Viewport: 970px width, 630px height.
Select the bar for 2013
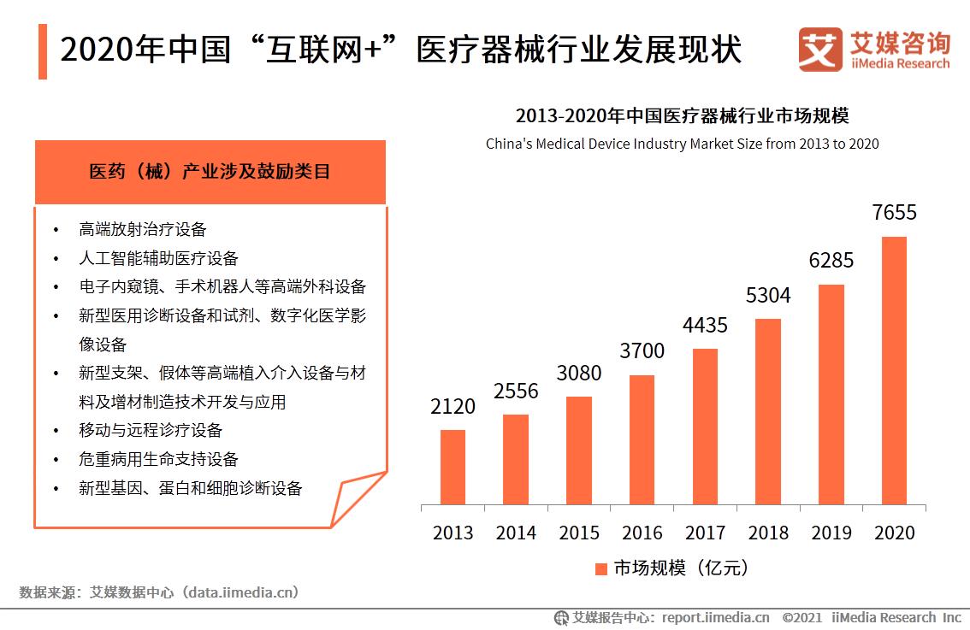coord(452,467)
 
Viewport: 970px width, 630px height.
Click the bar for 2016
coord(642,439)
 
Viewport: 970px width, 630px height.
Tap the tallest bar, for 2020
coord(894,370)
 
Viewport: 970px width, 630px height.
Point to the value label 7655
coord(894,213)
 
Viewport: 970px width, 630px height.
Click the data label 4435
coord(705,326)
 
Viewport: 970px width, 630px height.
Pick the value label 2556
coord(516,392)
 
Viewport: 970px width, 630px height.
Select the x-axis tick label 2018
coord(768,533)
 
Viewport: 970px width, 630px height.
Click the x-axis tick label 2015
coord(579,533)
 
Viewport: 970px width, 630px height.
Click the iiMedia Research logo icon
coord(820,50)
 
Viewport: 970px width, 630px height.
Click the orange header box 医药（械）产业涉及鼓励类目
coord(210,172)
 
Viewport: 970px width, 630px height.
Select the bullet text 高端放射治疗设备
coord(142,229)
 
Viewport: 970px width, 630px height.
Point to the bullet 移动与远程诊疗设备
coord(150,430)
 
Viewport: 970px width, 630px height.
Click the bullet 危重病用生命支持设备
coord(158,459)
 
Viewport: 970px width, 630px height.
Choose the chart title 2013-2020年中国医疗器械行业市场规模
coord(682,116)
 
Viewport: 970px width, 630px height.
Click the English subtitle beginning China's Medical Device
coord(682,144)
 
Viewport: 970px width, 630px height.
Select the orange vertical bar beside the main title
coord(43,51)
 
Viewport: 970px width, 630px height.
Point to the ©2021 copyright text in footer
coord(801,617)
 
